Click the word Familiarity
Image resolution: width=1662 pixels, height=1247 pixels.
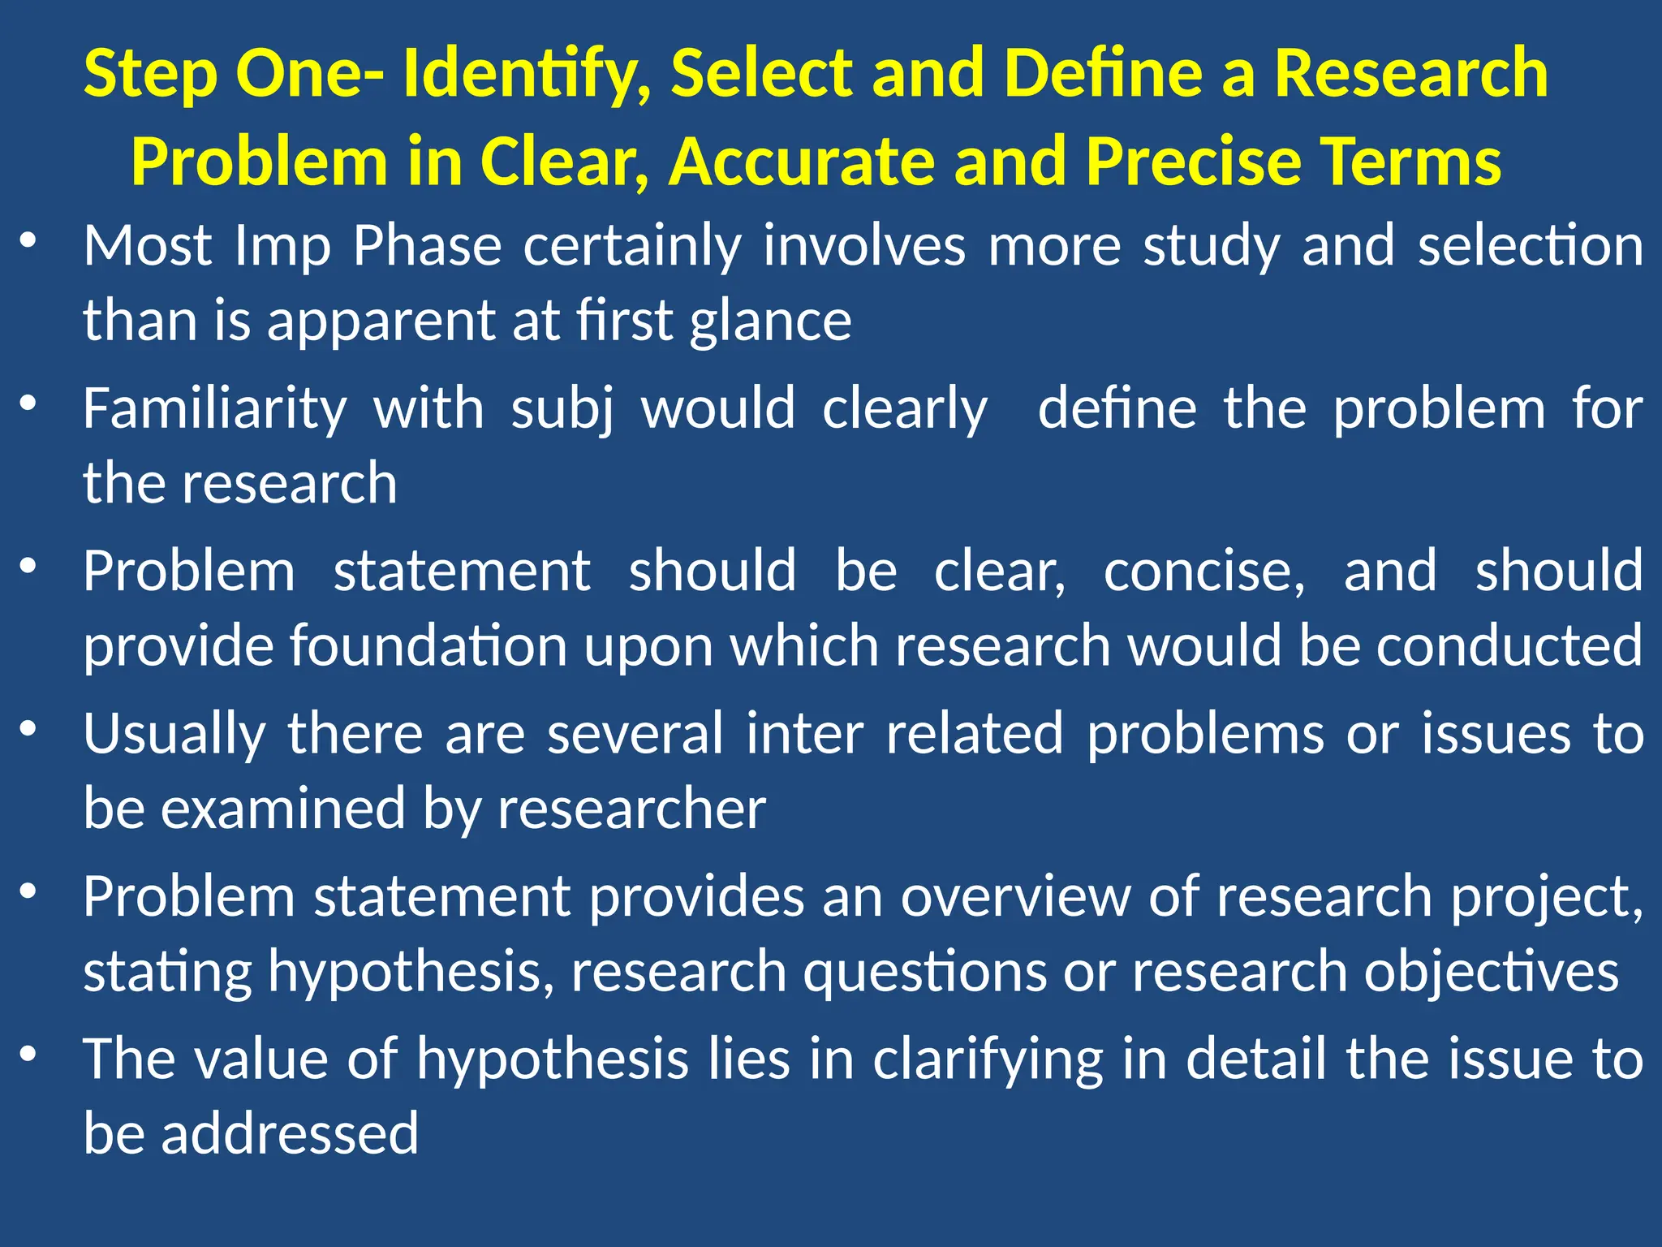[x=215, y=409]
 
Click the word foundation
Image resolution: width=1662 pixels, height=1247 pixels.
[x=428, y=646]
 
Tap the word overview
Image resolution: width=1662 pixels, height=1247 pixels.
[x=1014, y=898]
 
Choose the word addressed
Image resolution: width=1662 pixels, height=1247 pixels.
[x=290, y=1134]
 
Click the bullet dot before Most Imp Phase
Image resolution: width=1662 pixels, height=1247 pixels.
[x=29, y=241]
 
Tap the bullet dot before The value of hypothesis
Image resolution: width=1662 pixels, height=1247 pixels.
[x=29, y=1055]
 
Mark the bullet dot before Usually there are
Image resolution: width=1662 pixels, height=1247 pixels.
[x=29, y=729]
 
